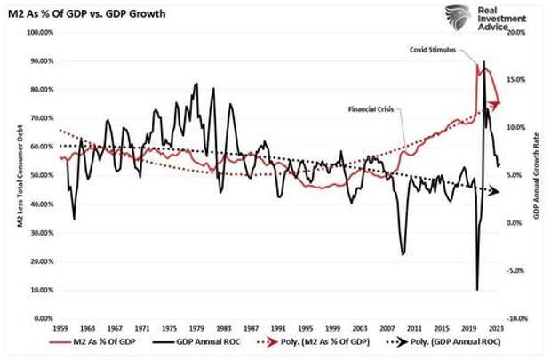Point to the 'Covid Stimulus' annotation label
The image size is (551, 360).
433,51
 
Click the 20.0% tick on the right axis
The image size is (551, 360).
517,33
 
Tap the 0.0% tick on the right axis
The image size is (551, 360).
518,223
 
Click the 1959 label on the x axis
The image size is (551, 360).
60,329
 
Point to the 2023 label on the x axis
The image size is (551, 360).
495,329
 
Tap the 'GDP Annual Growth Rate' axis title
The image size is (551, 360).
539,176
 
